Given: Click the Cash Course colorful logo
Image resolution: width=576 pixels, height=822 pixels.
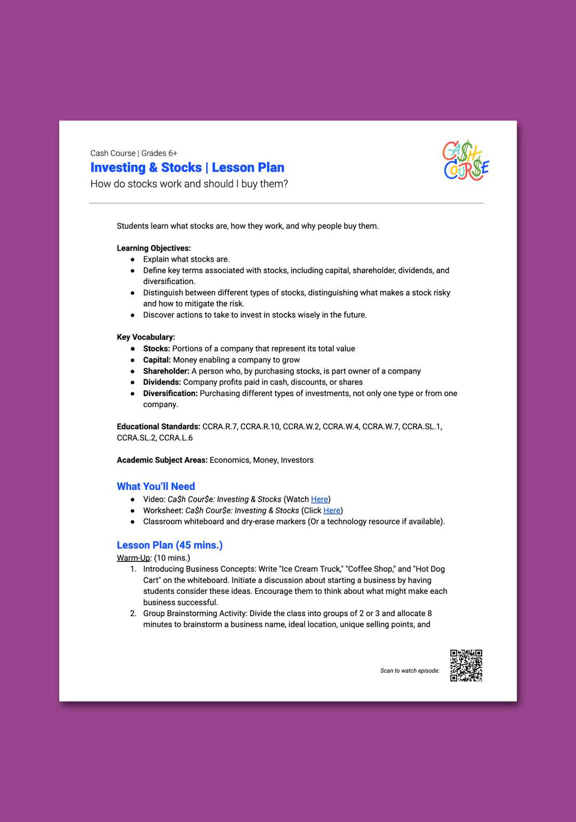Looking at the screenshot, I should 466,160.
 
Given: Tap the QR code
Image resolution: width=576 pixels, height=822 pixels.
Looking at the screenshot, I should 466,665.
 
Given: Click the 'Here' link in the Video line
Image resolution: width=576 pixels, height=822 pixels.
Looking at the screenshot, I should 319,499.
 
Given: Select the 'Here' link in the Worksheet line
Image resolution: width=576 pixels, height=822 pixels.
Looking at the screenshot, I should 332,511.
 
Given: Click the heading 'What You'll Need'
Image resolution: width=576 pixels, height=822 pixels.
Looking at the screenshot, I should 156,486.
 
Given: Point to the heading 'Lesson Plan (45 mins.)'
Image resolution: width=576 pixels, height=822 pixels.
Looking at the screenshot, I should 170,545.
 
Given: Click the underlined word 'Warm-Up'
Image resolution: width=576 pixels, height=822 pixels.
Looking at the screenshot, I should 134,558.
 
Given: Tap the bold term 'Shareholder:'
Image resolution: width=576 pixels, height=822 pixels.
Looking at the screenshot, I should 166,371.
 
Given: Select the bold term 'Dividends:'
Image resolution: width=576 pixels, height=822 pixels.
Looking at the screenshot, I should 162,382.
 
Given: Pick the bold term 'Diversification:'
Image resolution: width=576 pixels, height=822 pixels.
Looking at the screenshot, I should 170,393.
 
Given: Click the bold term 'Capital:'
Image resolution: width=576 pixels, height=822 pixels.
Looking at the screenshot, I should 157,360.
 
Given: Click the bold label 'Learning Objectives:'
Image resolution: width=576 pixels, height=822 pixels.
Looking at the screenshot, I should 154,248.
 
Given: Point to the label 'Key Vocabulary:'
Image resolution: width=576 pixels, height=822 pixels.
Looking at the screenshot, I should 146,337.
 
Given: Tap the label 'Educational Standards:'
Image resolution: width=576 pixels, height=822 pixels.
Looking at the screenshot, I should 158,426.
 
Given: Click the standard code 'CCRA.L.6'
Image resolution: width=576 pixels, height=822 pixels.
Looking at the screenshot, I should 176,438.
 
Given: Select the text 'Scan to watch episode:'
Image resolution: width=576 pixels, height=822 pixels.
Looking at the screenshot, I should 410,671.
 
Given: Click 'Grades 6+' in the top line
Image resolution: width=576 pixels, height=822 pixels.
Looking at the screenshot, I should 159,154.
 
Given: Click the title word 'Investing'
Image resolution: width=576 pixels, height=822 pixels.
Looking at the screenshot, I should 118,167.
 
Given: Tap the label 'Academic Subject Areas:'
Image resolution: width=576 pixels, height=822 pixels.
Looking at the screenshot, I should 162,460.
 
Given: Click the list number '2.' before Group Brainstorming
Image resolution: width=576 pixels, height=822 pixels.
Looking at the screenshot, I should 133,614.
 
